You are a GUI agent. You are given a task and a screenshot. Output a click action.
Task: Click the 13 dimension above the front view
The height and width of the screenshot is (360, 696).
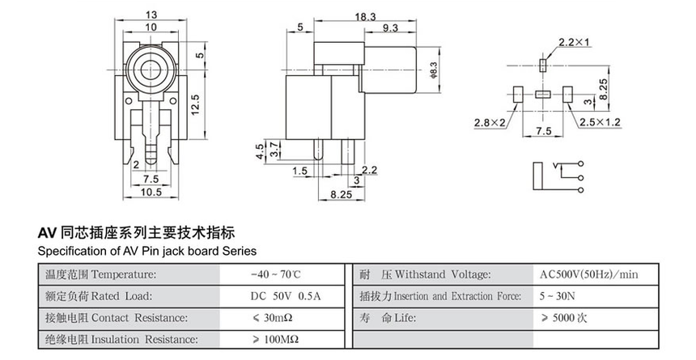[151, 15]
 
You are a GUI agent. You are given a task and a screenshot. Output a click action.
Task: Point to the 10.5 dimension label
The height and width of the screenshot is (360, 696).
[151, 192]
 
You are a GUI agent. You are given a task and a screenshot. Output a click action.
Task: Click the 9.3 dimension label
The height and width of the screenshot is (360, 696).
[388, 29]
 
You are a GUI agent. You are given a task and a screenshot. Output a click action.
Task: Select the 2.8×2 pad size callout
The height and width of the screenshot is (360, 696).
[490, 122]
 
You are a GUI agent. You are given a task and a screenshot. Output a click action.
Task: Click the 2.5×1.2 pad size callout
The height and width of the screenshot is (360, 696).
[599, 122]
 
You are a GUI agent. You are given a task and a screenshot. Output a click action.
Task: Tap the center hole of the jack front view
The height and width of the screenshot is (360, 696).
[151, 70]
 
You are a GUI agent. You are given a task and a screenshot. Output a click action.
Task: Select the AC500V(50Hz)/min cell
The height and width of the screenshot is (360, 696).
[588, 275]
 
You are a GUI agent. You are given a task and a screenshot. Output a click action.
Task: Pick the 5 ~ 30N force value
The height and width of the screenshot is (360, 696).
[560, 296]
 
